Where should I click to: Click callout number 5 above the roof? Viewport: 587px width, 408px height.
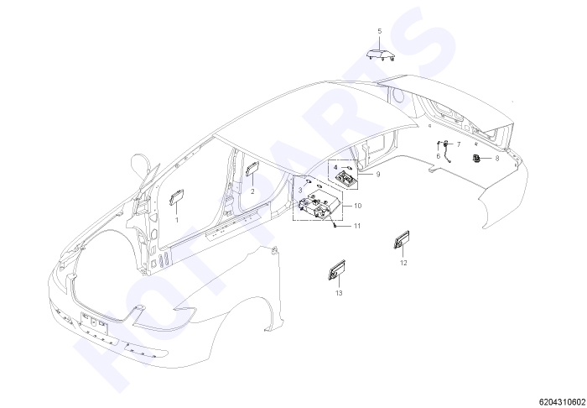380,31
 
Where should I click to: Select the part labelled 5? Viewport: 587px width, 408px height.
381,55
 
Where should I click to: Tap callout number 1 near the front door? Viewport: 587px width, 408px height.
177,220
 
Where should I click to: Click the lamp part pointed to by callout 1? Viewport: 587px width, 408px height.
176,197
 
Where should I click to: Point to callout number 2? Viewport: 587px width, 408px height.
252,191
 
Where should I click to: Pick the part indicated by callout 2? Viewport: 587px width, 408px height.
252,168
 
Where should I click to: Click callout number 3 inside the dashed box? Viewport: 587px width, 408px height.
300,191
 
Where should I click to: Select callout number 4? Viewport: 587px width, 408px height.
335,167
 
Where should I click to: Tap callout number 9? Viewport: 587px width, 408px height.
377,175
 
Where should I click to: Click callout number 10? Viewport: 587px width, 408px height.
357,206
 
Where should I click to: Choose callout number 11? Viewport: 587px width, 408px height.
356,226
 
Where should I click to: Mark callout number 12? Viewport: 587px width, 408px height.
403,263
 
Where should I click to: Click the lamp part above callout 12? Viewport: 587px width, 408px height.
402,240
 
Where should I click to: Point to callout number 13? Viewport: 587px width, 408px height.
339,293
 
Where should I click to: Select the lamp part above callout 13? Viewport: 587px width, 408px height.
336,269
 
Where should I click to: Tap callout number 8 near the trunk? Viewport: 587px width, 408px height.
497,159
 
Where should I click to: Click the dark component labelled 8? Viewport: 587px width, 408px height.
476,159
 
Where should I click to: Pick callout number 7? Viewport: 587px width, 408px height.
459,144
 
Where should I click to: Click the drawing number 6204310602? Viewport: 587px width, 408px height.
563,401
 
